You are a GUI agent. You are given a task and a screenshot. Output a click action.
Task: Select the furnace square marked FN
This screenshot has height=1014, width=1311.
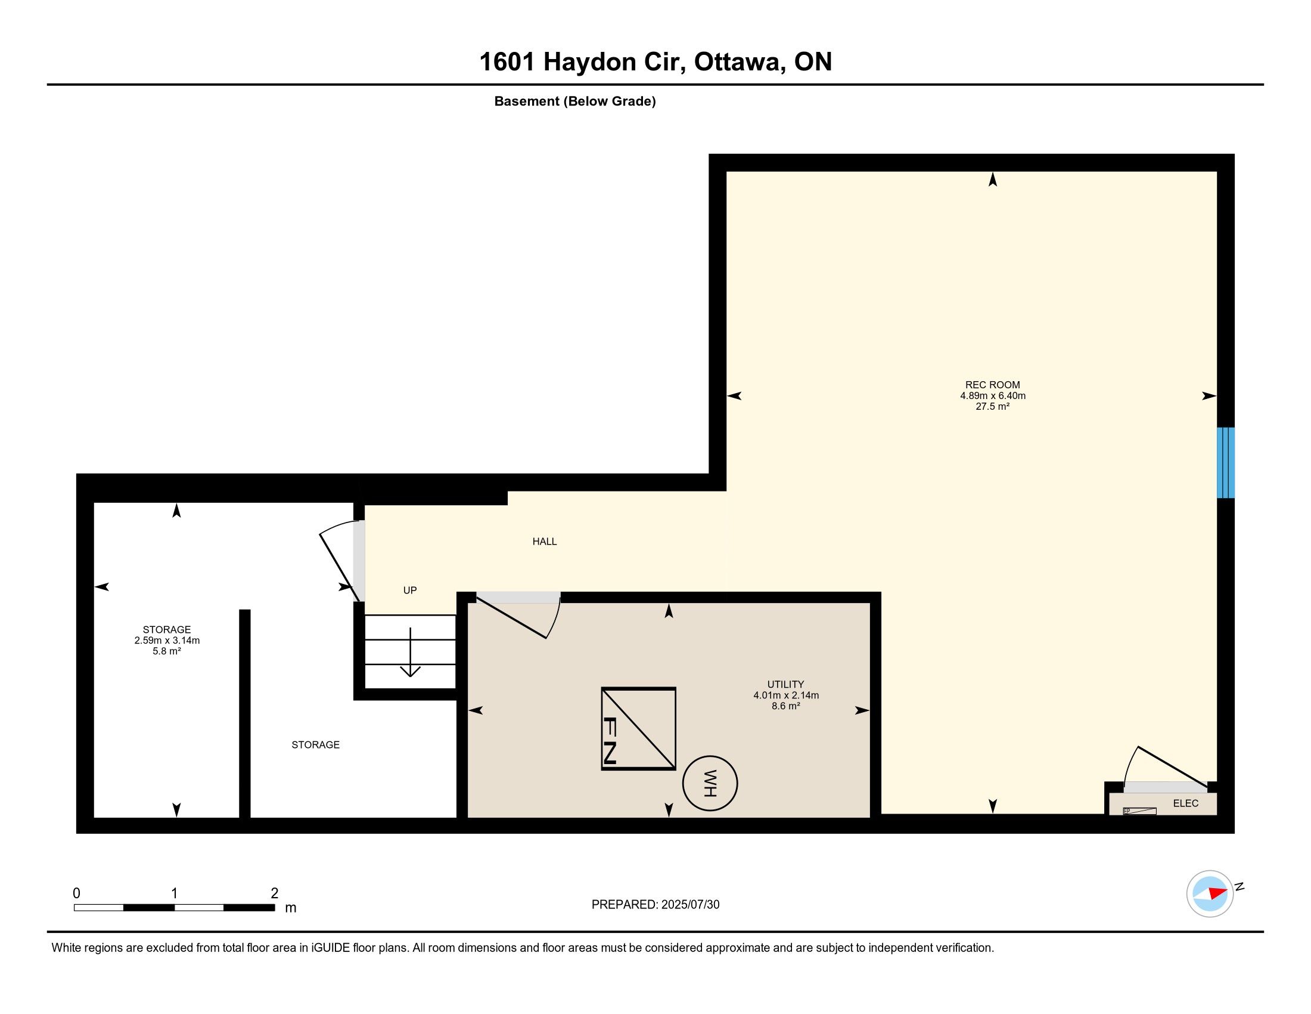click(x=639, y=729)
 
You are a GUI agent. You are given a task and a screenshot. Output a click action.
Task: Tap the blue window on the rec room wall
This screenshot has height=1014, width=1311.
click(x=1225, y=462)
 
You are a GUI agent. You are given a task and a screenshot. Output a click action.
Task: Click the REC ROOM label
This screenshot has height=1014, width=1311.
click(x=992, y=385)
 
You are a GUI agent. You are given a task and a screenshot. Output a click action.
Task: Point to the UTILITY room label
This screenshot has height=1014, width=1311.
click(x=786, y=684)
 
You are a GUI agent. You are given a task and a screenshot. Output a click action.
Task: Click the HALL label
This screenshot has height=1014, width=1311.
click(x=545, y=541)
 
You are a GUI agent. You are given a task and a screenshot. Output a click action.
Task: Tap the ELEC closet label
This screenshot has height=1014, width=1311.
click(x=1185, y=803)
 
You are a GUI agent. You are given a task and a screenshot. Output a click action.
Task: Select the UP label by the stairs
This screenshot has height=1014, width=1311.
click(x=410, y=591)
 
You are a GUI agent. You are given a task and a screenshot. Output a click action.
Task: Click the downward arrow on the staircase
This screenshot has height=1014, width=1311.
click(x=410, y=652)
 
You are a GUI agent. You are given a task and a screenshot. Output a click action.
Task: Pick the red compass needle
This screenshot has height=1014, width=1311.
click(x=1218, y=893)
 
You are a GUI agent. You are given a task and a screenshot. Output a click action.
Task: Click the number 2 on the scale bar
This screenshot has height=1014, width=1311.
click(x=274, y=894)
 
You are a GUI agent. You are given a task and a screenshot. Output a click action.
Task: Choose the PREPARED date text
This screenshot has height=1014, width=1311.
click(x=655, y=904)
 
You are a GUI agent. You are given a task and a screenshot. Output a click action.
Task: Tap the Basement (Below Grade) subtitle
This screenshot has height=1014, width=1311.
click(x=575, y=101)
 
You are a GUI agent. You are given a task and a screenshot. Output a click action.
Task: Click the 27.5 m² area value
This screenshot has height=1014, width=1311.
click(x=992, y=407)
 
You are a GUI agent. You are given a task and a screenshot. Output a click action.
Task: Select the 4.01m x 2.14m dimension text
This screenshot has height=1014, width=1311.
click(x=786, y=695)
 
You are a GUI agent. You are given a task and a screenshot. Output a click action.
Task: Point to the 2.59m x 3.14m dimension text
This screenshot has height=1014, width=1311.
click(x=167, y=641)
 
